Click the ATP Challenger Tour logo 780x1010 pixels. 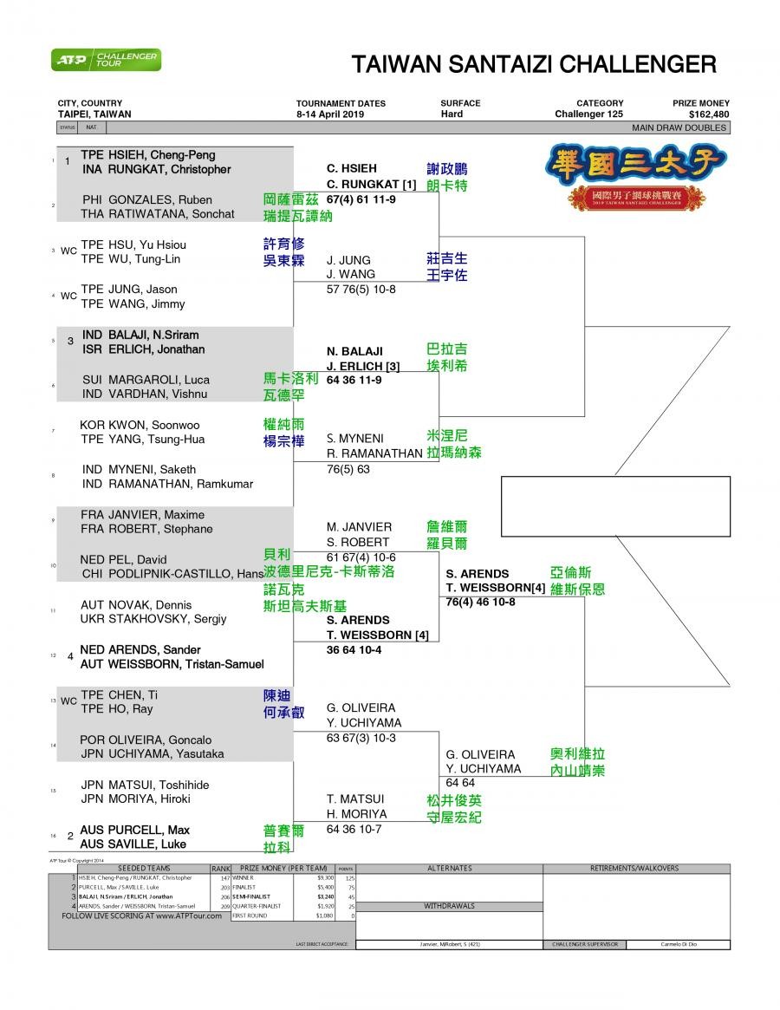point(106,60)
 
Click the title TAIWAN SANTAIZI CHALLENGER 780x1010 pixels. point(534,65)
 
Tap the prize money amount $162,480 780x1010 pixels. point(708,114)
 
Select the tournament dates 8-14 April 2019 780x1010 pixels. point(330,114)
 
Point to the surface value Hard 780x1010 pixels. point(452,114)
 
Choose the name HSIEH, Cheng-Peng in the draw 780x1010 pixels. point(160,155)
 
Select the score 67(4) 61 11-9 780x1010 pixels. point(361,199)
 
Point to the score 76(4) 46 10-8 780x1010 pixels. point(480,603)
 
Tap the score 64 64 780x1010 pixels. point(460,784)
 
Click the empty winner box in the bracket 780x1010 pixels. point(615,505)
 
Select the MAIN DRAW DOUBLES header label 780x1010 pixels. point(679,127)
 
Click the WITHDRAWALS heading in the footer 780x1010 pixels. point(449,906)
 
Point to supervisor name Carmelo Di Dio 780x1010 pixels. point(678,945)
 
